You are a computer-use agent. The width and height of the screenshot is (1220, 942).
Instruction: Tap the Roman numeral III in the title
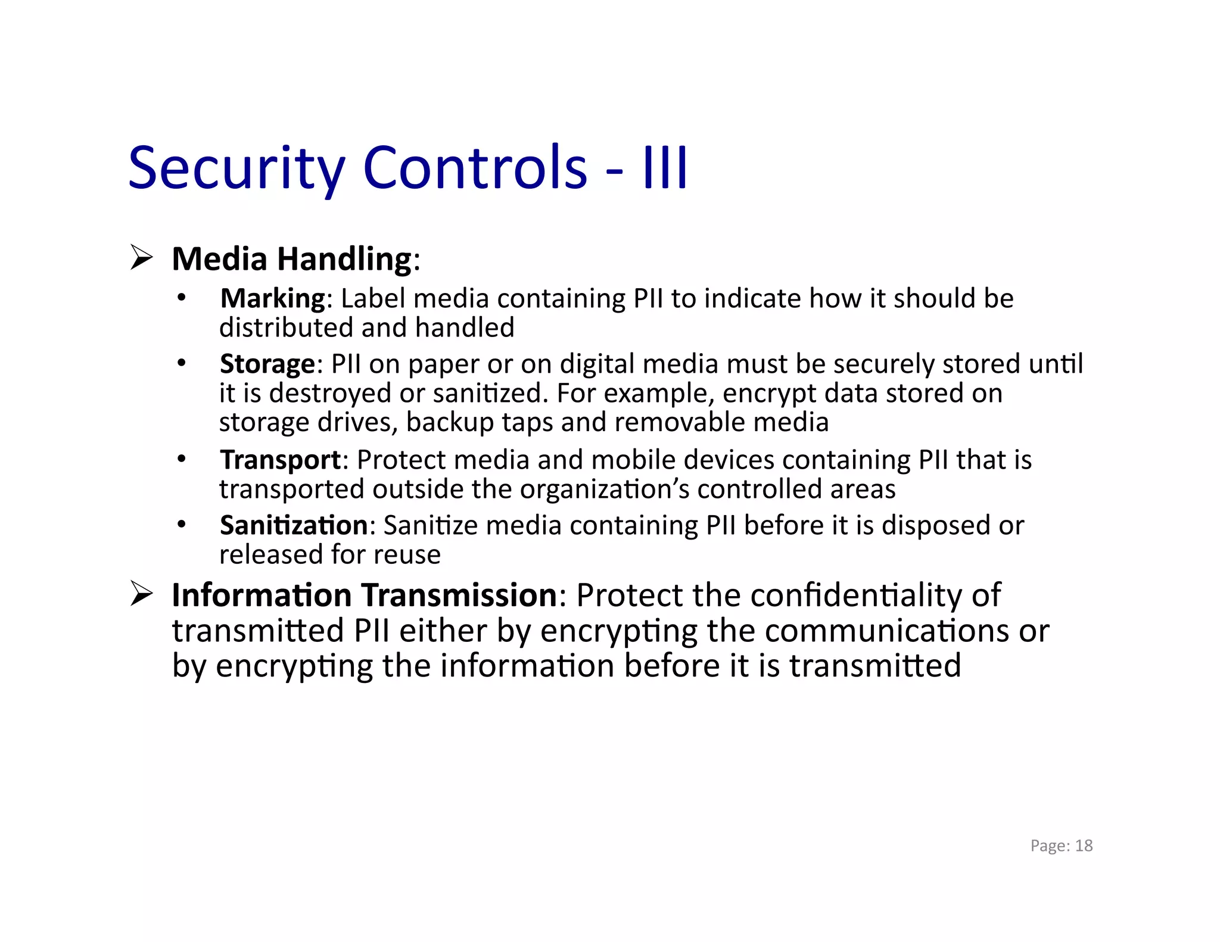[665, 169]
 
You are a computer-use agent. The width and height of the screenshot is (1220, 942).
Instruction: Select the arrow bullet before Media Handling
[142, 258]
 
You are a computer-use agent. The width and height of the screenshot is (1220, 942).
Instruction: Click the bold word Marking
[273, 298]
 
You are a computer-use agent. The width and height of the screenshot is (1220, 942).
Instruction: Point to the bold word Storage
[267, 364]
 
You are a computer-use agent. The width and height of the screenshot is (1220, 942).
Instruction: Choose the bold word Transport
[280, 460]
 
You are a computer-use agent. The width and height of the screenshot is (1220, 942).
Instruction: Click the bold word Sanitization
[294, 525]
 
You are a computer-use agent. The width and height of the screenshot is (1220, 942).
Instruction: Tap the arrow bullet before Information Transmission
[142, 594]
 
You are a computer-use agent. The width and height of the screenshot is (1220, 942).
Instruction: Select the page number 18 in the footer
[1084, 846]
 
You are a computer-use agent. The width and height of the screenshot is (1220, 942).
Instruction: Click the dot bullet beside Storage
[182, 363]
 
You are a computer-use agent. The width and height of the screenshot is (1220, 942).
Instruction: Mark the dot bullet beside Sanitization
[182, 525]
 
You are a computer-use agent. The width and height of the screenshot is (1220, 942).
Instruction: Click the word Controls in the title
[475, 169]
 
